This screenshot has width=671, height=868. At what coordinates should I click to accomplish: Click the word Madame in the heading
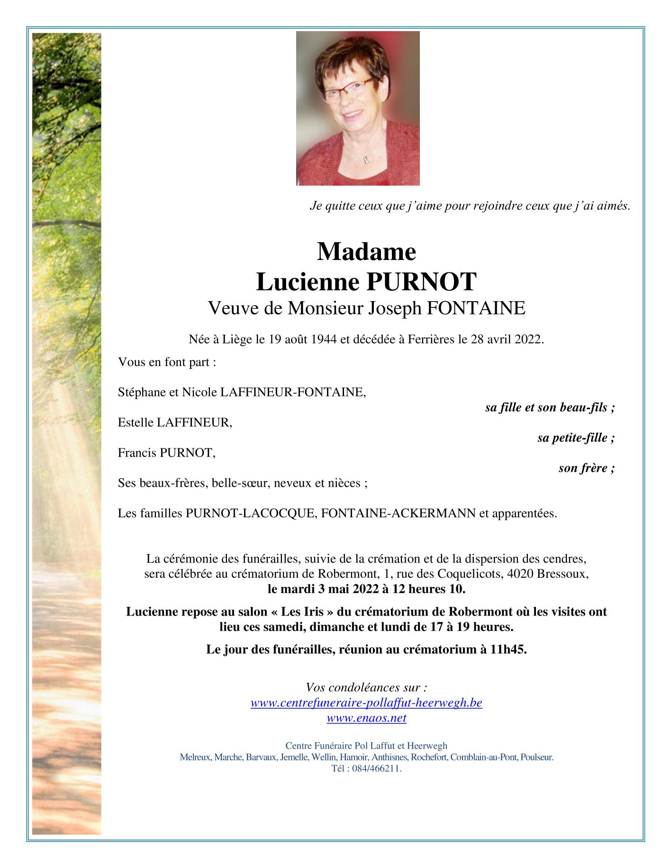(x=366, y=251)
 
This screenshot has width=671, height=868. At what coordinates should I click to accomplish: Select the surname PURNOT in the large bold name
(x=421, y=282)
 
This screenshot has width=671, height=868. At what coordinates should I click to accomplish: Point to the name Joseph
(x=395, y=308)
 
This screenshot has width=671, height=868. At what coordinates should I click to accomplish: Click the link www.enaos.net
(x=366, y=718)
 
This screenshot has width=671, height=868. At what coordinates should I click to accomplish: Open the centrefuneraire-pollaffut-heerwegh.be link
(x=366, y=703)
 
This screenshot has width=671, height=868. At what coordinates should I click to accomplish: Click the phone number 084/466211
(x=377, y=769)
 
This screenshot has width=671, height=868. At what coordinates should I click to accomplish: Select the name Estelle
(x=136, y=422)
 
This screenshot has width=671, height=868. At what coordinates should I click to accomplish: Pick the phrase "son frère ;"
(x=587, y=468)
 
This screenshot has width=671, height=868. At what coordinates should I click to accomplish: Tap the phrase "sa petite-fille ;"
(x=576, y=438)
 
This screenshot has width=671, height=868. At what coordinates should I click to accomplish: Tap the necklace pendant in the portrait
(x=366, y=160)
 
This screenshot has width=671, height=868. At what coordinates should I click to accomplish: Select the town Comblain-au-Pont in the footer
(x=483, y=757)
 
